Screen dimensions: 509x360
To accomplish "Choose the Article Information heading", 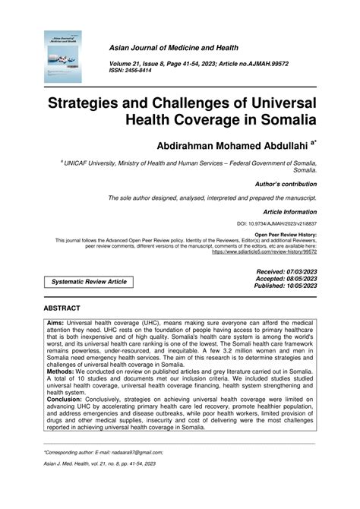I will (288, 213).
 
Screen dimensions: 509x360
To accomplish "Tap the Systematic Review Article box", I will (89, 282).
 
